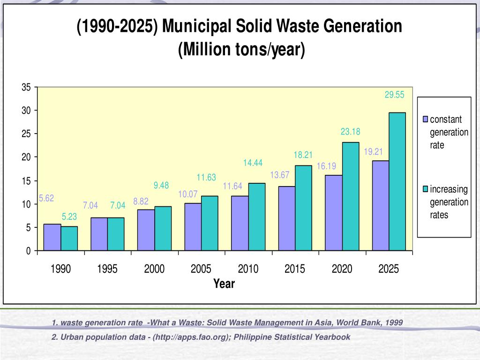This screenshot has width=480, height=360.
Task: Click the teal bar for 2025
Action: point(397,181)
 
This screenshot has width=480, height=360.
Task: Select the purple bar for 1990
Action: point(52,237)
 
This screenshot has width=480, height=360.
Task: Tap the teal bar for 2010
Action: point(257,217)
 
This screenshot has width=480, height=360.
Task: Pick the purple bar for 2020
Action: point(333,213)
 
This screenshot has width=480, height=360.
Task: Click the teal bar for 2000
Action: point(163,228)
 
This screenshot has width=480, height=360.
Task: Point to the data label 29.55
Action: point(394,95)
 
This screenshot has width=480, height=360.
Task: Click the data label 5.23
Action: point(69,217)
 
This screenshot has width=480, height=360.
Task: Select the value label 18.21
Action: point(303,155)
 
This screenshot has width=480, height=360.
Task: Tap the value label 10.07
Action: point(187,194)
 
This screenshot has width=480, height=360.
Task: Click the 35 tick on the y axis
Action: point(26,88)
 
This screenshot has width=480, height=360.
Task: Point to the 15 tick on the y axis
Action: point(26,181)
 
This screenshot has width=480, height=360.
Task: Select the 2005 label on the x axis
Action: point(201,269)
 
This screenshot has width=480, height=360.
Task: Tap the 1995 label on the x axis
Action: point(107,269)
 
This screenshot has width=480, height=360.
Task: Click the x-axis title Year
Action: point(224,284)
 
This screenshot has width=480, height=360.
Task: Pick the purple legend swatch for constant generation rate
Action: point(426,119)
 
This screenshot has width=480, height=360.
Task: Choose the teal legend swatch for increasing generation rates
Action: point(426,189)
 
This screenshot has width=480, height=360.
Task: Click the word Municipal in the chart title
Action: point(196,27)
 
